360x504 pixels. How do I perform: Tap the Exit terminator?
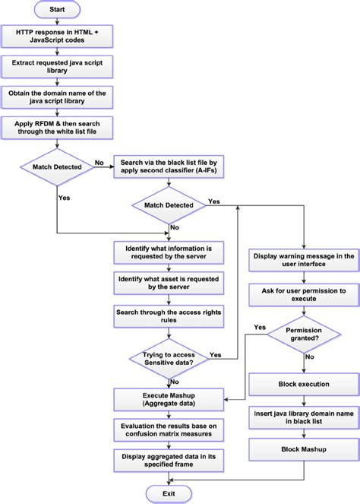pos(169,494)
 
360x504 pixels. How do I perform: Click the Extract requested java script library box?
pos(58,67)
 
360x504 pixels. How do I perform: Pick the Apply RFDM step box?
pos(58,127)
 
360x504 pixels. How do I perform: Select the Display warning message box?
pos(303,261)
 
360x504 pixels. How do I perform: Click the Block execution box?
pos(303,385)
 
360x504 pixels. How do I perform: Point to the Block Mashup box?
pos(303,449)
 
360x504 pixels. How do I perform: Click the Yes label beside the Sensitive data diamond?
pos(215,355)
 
